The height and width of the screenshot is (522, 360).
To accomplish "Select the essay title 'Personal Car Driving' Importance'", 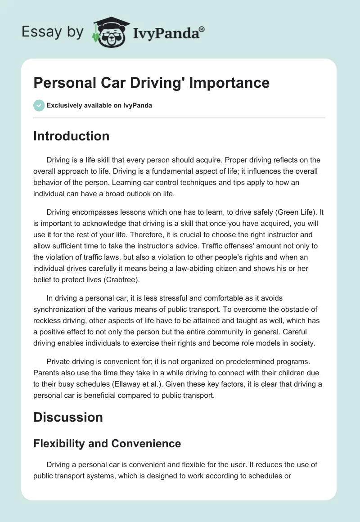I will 151,83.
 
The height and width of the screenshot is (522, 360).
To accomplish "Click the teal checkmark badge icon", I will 39,105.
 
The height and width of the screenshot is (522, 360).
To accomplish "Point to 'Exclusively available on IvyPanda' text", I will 99,105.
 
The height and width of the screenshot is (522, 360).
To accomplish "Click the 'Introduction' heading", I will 71,136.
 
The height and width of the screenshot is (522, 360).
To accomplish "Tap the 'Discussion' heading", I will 68,417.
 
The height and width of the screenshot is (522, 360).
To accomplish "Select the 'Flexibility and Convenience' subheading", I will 107,444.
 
